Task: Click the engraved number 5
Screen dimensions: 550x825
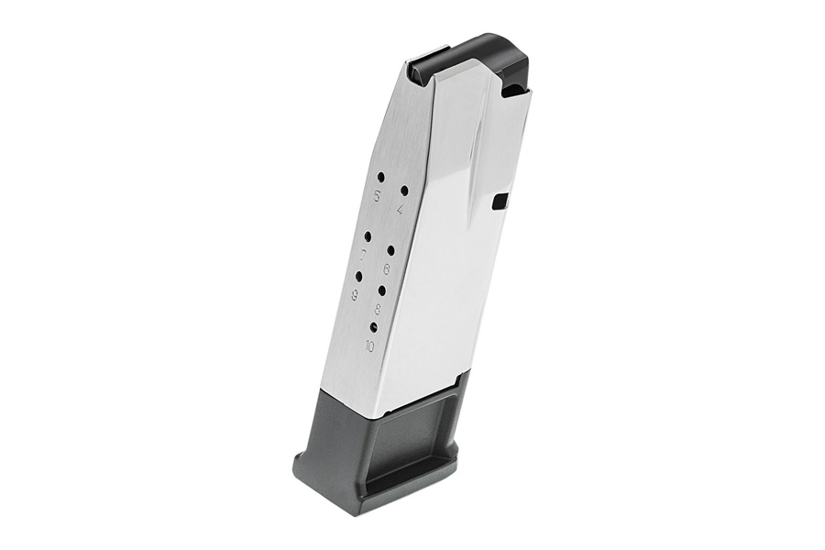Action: (375, 195)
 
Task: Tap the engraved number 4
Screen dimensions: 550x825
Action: (400, 211)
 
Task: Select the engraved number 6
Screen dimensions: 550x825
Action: (387, 269)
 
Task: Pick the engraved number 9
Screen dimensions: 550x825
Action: (354, 295)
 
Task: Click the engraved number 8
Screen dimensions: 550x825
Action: (378, 310)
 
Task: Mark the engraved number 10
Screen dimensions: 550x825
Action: (369, 346)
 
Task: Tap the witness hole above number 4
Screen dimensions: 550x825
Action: (403, 190)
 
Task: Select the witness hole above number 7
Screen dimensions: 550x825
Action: (367, 235)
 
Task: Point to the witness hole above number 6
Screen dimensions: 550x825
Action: (390, 249)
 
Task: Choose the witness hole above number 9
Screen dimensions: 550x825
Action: (358, 275)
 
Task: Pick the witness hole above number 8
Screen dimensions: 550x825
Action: (381, 290)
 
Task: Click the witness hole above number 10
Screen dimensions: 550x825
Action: (373, 326)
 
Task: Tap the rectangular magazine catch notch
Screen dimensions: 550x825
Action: (500, 202)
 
